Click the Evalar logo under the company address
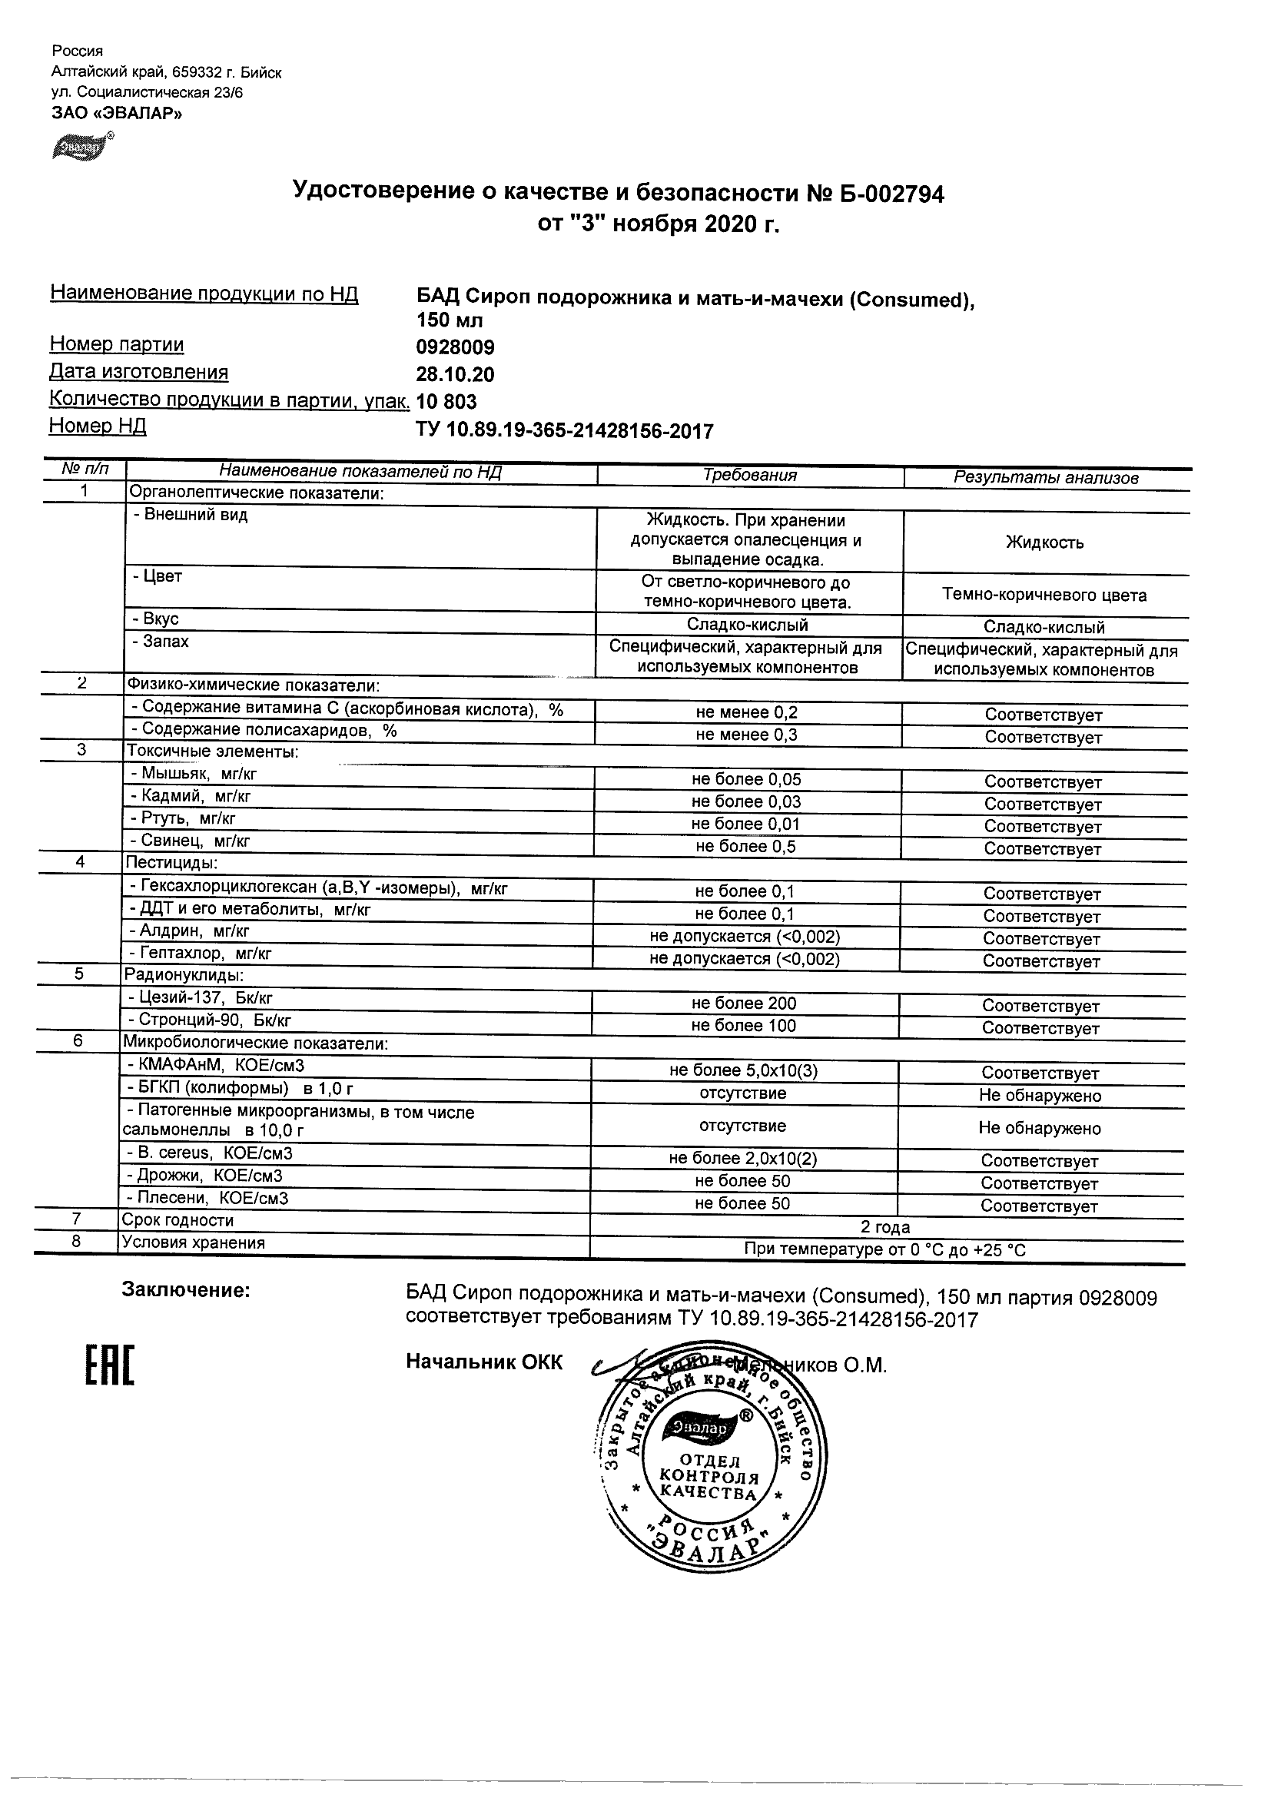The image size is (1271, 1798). coord(81,147)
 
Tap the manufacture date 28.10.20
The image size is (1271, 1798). coord(455,374)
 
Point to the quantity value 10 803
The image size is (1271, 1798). coord(446,402)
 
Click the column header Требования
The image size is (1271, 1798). coord(749,476)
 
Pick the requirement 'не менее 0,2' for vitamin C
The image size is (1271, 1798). coord(746,712)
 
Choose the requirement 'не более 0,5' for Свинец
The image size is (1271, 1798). coord(745,847)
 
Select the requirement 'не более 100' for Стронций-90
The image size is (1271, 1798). coord(743,1026)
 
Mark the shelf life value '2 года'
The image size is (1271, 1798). coord(885,1227)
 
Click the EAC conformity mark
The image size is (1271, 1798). coord(110,1365)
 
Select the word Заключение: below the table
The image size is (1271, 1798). coord(186,1291)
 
